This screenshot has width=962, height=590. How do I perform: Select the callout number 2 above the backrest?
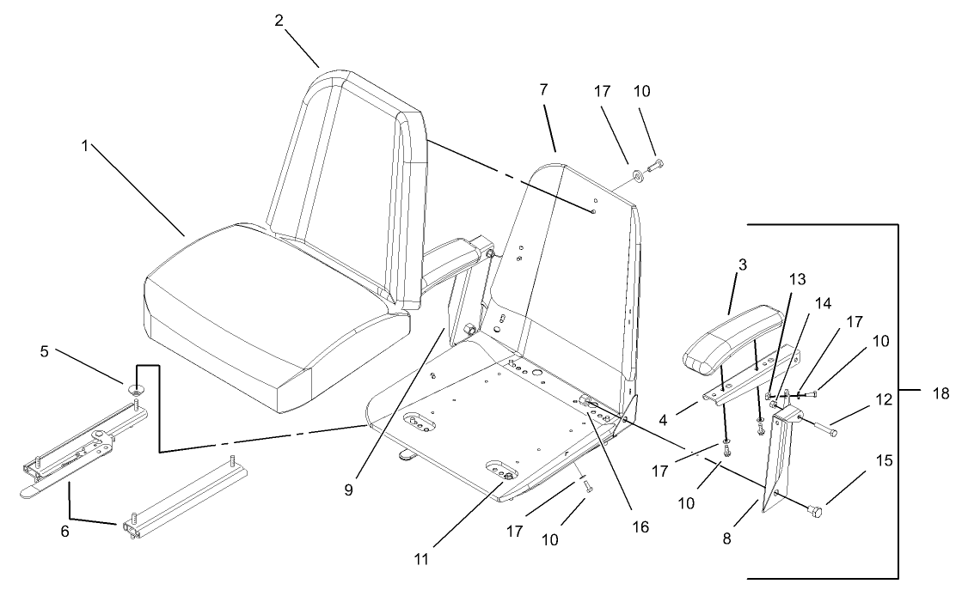click(279, 21)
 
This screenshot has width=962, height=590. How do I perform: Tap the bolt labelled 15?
click(815, 512)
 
